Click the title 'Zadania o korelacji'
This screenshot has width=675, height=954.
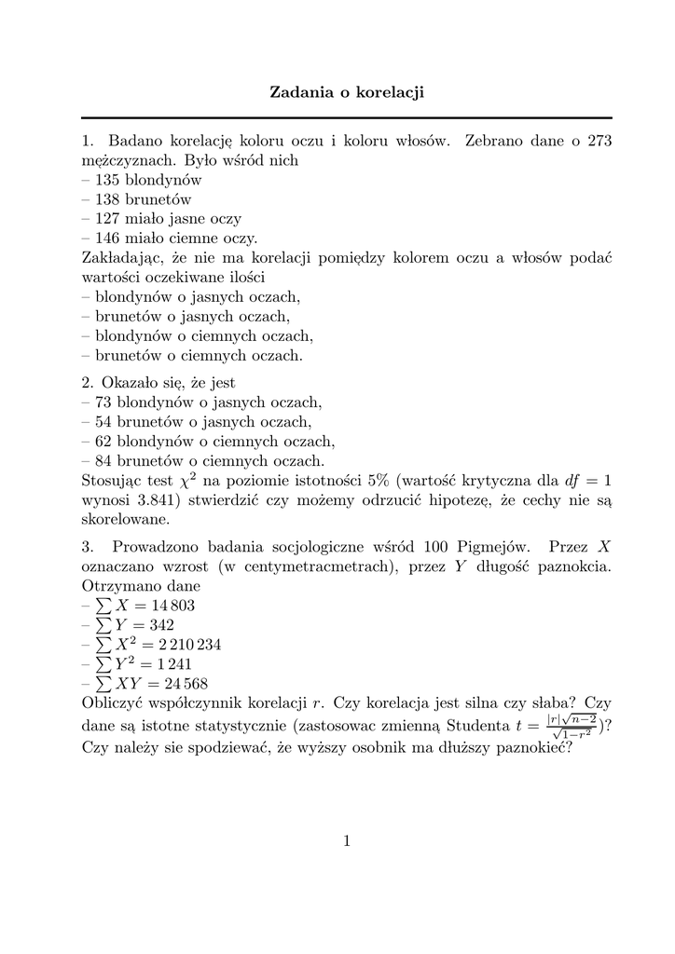347,92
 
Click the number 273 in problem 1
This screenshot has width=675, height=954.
598,141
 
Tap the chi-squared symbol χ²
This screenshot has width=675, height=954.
189,481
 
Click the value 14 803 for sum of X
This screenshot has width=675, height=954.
172,606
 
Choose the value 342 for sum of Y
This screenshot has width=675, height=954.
158,625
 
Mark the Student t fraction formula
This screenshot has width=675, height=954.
572,726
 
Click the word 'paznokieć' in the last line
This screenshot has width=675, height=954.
533,746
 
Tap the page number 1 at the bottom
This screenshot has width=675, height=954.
347,842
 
